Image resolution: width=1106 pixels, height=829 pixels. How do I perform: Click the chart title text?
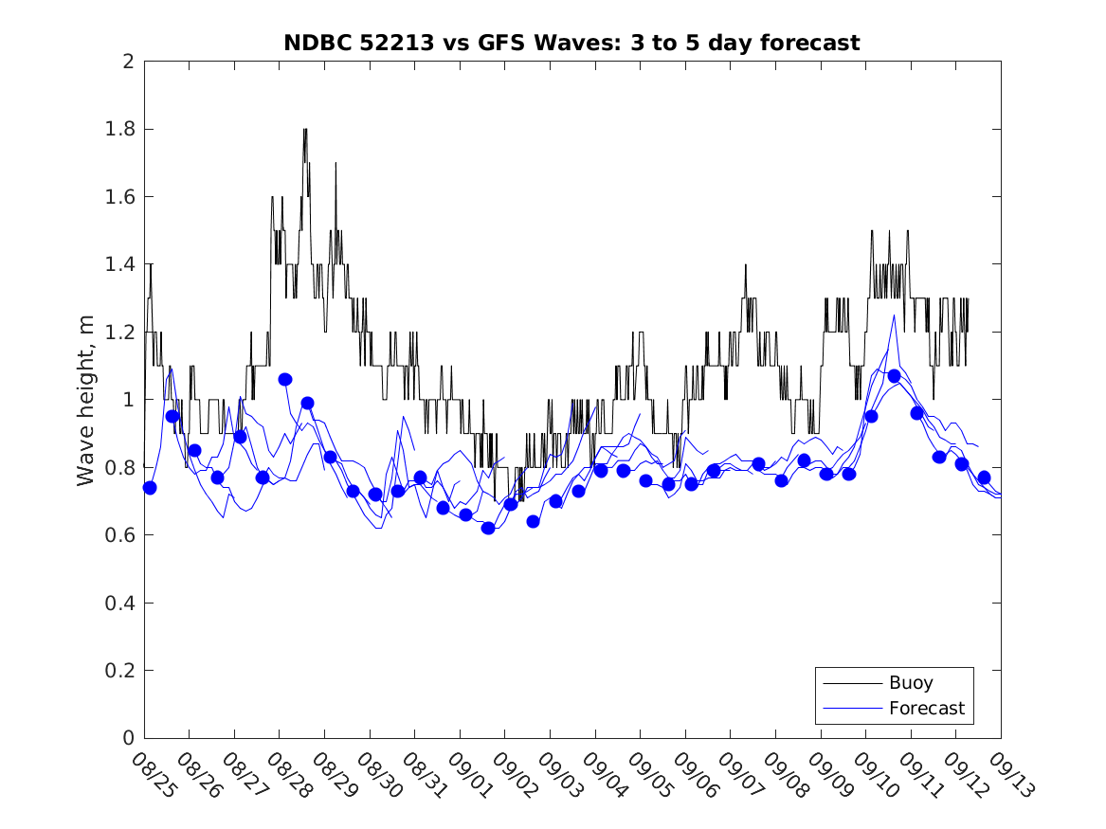click(571, 43)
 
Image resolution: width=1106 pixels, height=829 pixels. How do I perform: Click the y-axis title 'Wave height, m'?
click(86, 401)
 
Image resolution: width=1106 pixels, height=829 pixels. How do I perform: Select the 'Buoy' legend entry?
click(911, 682)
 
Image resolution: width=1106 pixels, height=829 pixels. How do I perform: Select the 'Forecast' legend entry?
click(926, 708)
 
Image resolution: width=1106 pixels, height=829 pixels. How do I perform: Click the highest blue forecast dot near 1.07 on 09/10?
click(894, 376)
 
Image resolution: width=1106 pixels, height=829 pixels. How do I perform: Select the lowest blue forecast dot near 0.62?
click(488, 528)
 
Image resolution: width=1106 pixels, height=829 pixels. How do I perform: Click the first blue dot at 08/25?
click(149, 487)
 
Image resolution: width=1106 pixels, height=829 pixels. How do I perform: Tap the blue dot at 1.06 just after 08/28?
click(285, 379)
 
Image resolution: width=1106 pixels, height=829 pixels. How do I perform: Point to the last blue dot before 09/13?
click(984, 478)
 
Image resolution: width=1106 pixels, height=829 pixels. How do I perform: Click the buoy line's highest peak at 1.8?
click(305, 130)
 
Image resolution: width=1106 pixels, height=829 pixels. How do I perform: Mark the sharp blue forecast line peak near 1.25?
click(893, 315)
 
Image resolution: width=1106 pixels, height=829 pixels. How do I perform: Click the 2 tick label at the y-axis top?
click(127, 62)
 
